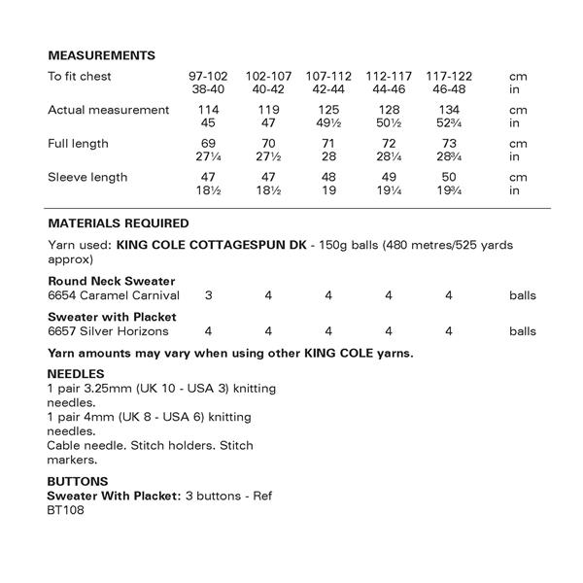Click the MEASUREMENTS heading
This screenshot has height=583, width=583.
[101, 55]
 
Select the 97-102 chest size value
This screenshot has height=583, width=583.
[208, 76]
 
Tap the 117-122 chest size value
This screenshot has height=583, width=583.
[450, 76]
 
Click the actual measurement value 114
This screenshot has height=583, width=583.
[208, 110]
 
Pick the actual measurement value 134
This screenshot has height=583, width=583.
[450, 110]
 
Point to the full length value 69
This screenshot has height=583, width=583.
[208, 144]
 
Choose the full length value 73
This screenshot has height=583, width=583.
[450, 144]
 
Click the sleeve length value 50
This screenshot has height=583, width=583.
[450, 178]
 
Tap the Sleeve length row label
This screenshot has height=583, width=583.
[87, 178]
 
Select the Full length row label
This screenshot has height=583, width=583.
[78, 144]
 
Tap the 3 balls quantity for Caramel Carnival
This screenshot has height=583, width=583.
[208, 294]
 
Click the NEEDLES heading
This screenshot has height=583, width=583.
[76, 374]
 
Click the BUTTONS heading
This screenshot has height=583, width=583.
[77, 482]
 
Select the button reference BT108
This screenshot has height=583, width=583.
[66, 510]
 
